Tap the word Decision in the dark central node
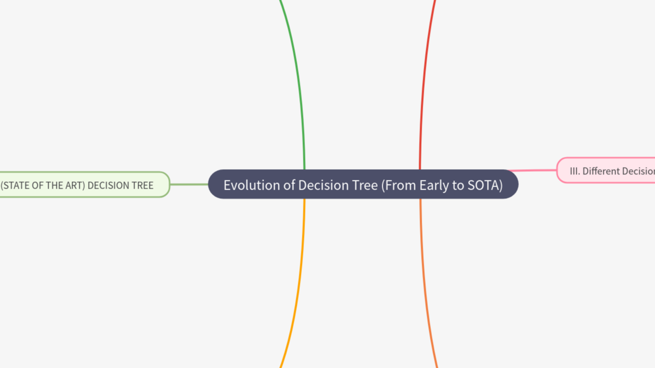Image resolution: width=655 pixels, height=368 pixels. click(x=319, y=185)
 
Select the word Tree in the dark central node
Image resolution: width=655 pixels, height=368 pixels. click(x=365, y=185)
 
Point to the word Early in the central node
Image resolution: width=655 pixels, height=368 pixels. click(x=434, y=185)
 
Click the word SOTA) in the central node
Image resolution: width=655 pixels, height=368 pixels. click(x=485, y=185)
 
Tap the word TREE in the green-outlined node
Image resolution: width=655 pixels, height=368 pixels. click(x=144, y=186)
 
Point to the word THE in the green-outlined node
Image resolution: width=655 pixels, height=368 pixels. click(x=52, y=186)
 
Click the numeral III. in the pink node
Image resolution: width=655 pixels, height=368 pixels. click(x=575, y=171)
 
